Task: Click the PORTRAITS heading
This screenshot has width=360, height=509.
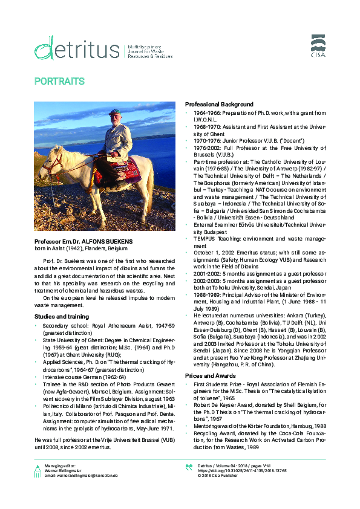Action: coord(59,80)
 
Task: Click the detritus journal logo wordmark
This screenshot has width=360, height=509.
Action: coord(76,47)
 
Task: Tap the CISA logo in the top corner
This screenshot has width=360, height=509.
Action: coord(319,45)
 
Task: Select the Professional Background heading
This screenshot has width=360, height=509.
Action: coord(219,105)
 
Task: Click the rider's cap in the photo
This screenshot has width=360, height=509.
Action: coord(115,112)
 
